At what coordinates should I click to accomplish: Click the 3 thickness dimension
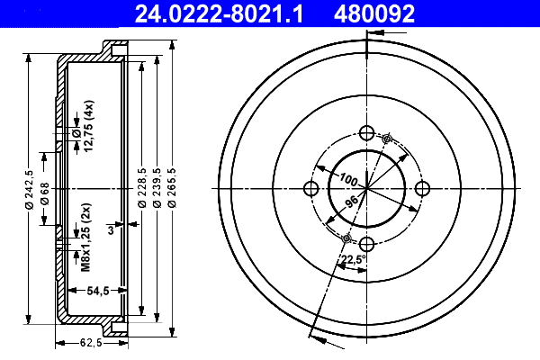point(110,230)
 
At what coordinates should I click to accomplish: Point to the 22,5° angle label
point(353,261)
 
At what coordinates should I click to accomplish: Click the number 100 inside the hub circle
point(348,177)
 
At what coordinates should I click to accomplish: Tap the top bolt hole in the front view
point(366,132)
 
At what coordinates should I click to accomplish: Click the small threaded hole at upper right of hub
point(387,139)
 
